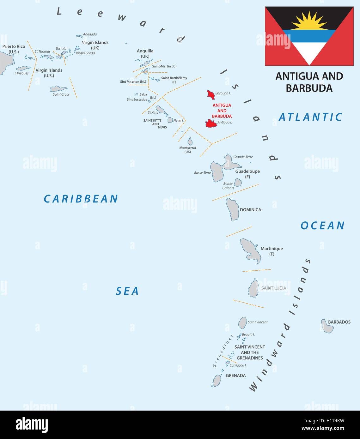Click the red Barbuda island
pyautogui.click(x=211, y=94)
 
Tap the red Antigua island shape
pyautogui.click(x=211, y=123)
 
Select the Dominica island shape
pyautogui.click(x=233, y=209)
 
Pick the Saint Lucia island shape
pyautogui.click(x=253, y=288)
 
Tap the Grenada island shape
pyautogui.click(x=217, y=381)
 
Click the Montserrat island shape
pyautogui.click(x=190, y=141)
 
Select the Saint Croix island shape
pyautogui.click(x=58, y=89)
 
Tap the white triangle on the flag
pyautogui.click(x=309, y=52)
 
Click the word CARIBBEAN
pyautogui.click(x=81, y=199)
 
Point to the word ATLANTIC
pyautogui.click(x=310, y=117)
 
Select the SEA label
pyautogui.click(x=127, y=291)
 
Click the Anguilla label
pyautogui.click(x=145, y=51)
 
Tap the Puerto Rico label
pyautogui.click(x=14, y=47)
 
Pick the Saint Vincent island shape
pyautogui.click(x=242, y=323)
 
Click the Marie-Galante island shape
pyautogui.click(x=238, y=182)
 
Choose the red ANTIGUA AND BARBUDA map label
pyautogui.click(x=222, y=111)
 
